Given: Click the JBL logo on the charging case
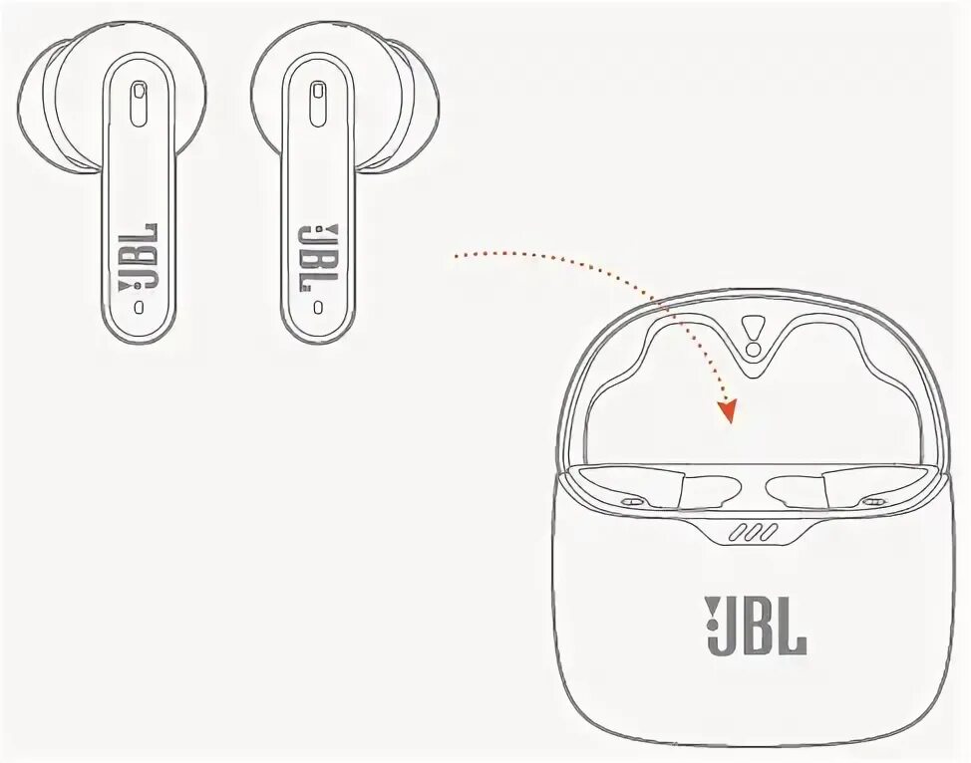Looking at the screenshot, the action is (x=756, y=626).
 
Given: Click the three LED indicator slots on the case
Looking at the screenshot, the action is (x=753, y=534).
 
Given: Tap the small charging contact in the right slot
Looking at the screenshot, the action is (x=876, y=500).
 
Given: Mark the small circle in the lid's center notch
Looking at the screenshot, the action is (x=754, y=349).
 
